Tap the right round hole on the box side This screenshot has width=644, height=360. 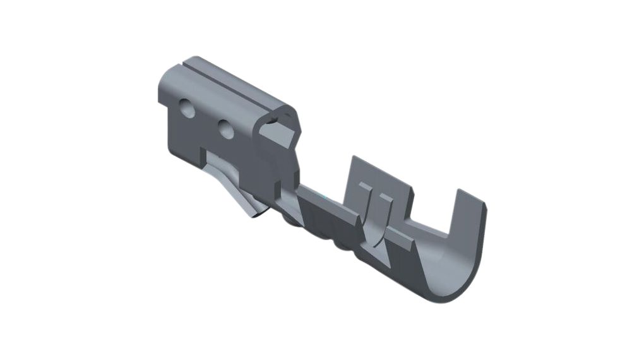(x=225, y=129)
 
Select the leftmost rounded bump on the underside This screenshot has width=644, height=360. (x=289, y=221)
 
